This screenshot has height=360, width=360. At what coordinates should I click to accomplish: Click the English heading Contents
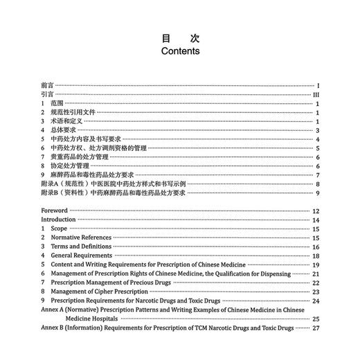[180, 51]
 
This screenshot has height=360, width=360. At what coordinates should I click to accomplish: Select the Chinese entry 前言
[47, 85]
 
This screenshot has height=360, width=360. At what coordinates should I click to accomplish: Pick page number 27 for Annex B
[315, 328]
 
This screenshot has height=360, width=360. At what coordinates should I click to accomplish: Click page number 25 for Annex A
[315, 319]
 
